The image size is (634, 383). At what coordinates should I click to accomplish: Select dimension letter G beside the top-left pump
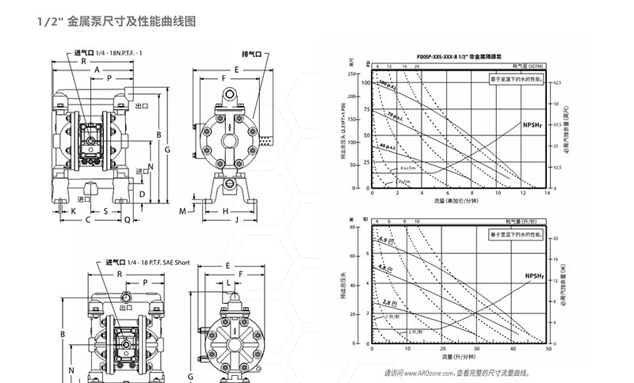click(167, 149)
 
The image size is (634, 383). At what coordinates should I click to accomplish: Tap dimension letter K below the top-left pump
click(73, 211)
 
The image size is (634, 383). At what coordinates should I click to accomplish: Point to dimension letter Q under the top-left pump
click(127, 222)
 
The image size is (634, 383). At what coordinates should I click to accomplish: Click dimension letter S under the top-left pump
click(105, 211)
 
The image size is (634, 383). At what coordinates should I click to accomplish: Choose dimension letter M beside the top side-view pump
click(183, 211)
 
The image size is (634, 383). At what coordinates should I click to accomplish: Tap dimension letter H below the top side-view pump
click(225, 211)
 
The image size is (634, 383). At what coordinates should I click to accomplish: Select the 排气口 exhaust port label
click(252, 54)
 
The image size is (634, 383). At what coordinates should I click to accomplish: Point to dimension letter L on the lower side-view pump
click(228, 282)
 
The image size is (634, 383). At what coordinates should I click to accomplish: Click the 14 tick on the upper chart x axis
click(548, 192)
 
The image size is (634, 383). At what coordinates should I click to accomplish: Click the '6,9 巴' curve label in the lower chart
click(386, 239)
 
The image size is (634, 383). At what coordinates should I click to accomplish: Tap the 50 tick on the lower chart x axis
click(548, 349)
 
